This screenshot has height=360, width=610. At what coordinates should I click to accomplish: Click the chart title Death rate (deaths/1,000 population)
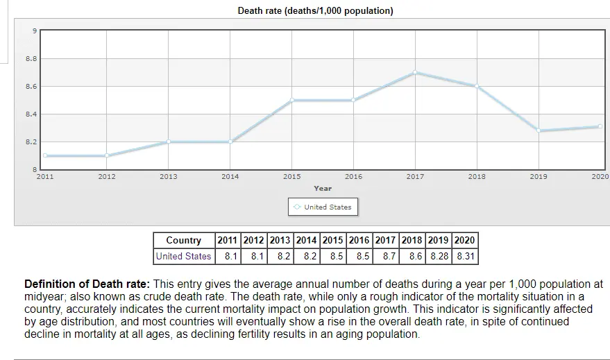tap(315, 11)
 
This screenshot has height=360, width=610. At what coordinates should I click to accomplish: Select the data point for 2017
tap(415, 72)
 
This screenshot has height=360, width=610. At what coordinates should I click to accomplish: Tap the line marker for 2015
tap(292, 100)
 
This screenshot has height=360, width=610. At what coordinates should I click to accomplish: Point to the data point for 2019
tap(539, 130)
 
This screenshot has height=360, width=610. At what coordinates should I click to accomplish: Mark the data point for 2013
tap(169, 142)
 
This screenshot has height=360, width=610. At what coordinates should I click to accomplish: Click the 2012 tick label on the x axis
tap(107, 177)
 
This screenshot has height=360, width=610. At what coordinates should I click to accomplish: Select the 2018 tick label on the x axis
tap(477, 177)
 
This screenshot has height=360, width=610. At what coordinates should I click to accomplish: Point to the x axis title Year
tap(323, 188)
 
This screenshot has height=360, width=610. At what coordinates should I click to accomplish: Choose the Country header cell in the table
tap(184, 241)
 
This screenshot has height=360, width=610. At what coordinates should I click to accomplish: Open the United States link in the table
tap(184, 256)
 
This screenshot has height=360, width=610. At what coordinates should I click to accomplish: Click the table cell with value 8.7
tap(389, 256)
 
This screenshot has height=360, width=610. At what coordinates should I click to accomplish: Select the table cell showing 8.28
tap(439, 256)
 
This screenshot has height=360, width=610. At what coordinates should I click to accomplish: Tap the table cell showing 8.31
tap(465, 256)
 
